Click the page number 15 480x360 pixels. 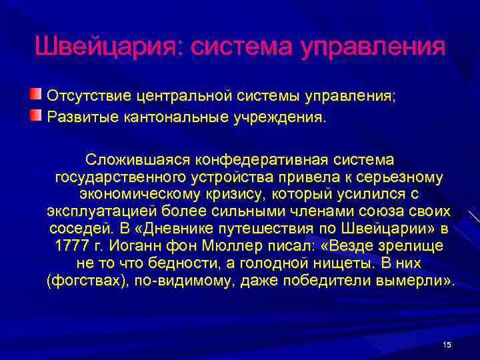(447, 344)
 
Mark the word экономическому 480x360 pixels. (135, 195)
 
